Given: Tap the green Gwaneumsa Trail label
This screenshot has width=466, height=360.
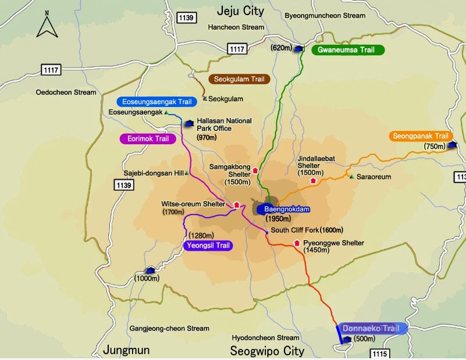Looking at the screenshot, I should pyautogui.click(x=348, y=50).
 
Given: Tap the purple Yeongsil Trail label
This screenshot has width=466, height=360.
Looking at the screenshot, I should pyautogui.click(x=207, y=246).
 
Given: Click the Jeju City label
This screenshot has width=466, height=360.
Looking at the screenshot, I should pyautogui.click(x=240, y=11).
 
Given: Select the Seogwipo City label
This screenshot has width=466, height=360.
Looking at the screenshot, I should pyautogui.click(x=267, y=351).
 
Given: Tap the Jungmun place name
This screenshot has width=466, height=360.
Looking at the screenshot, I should pyautogui.click(x=126, y=350).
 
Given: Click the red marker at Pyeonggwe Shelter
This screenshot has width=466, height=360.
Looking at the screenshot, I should pyautogui.click(x=297, y=243).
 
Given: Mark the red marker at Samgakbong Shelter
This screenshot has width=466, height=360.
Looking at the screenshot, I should pyautogui.click(x=255, y=170).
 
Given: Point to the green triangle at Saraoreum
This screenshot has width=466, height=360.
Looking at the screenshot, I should pyautogui.click(x=351, y=176).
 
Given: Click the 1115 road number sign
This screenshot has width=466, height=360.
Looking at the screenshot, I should pyautogui.click(x=379, y=354).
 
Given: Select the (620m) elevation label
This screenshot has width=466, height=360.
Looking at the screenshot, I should pyautogui.click(x=281, y=48).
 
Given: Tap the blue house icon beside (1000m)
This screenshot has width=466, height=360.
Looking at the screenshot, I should pyautogui.click(x=151, y=270).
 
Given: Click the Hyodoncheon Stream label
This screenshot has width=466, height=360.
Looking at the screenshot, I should pyautogui.click(x=265, y=337).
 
